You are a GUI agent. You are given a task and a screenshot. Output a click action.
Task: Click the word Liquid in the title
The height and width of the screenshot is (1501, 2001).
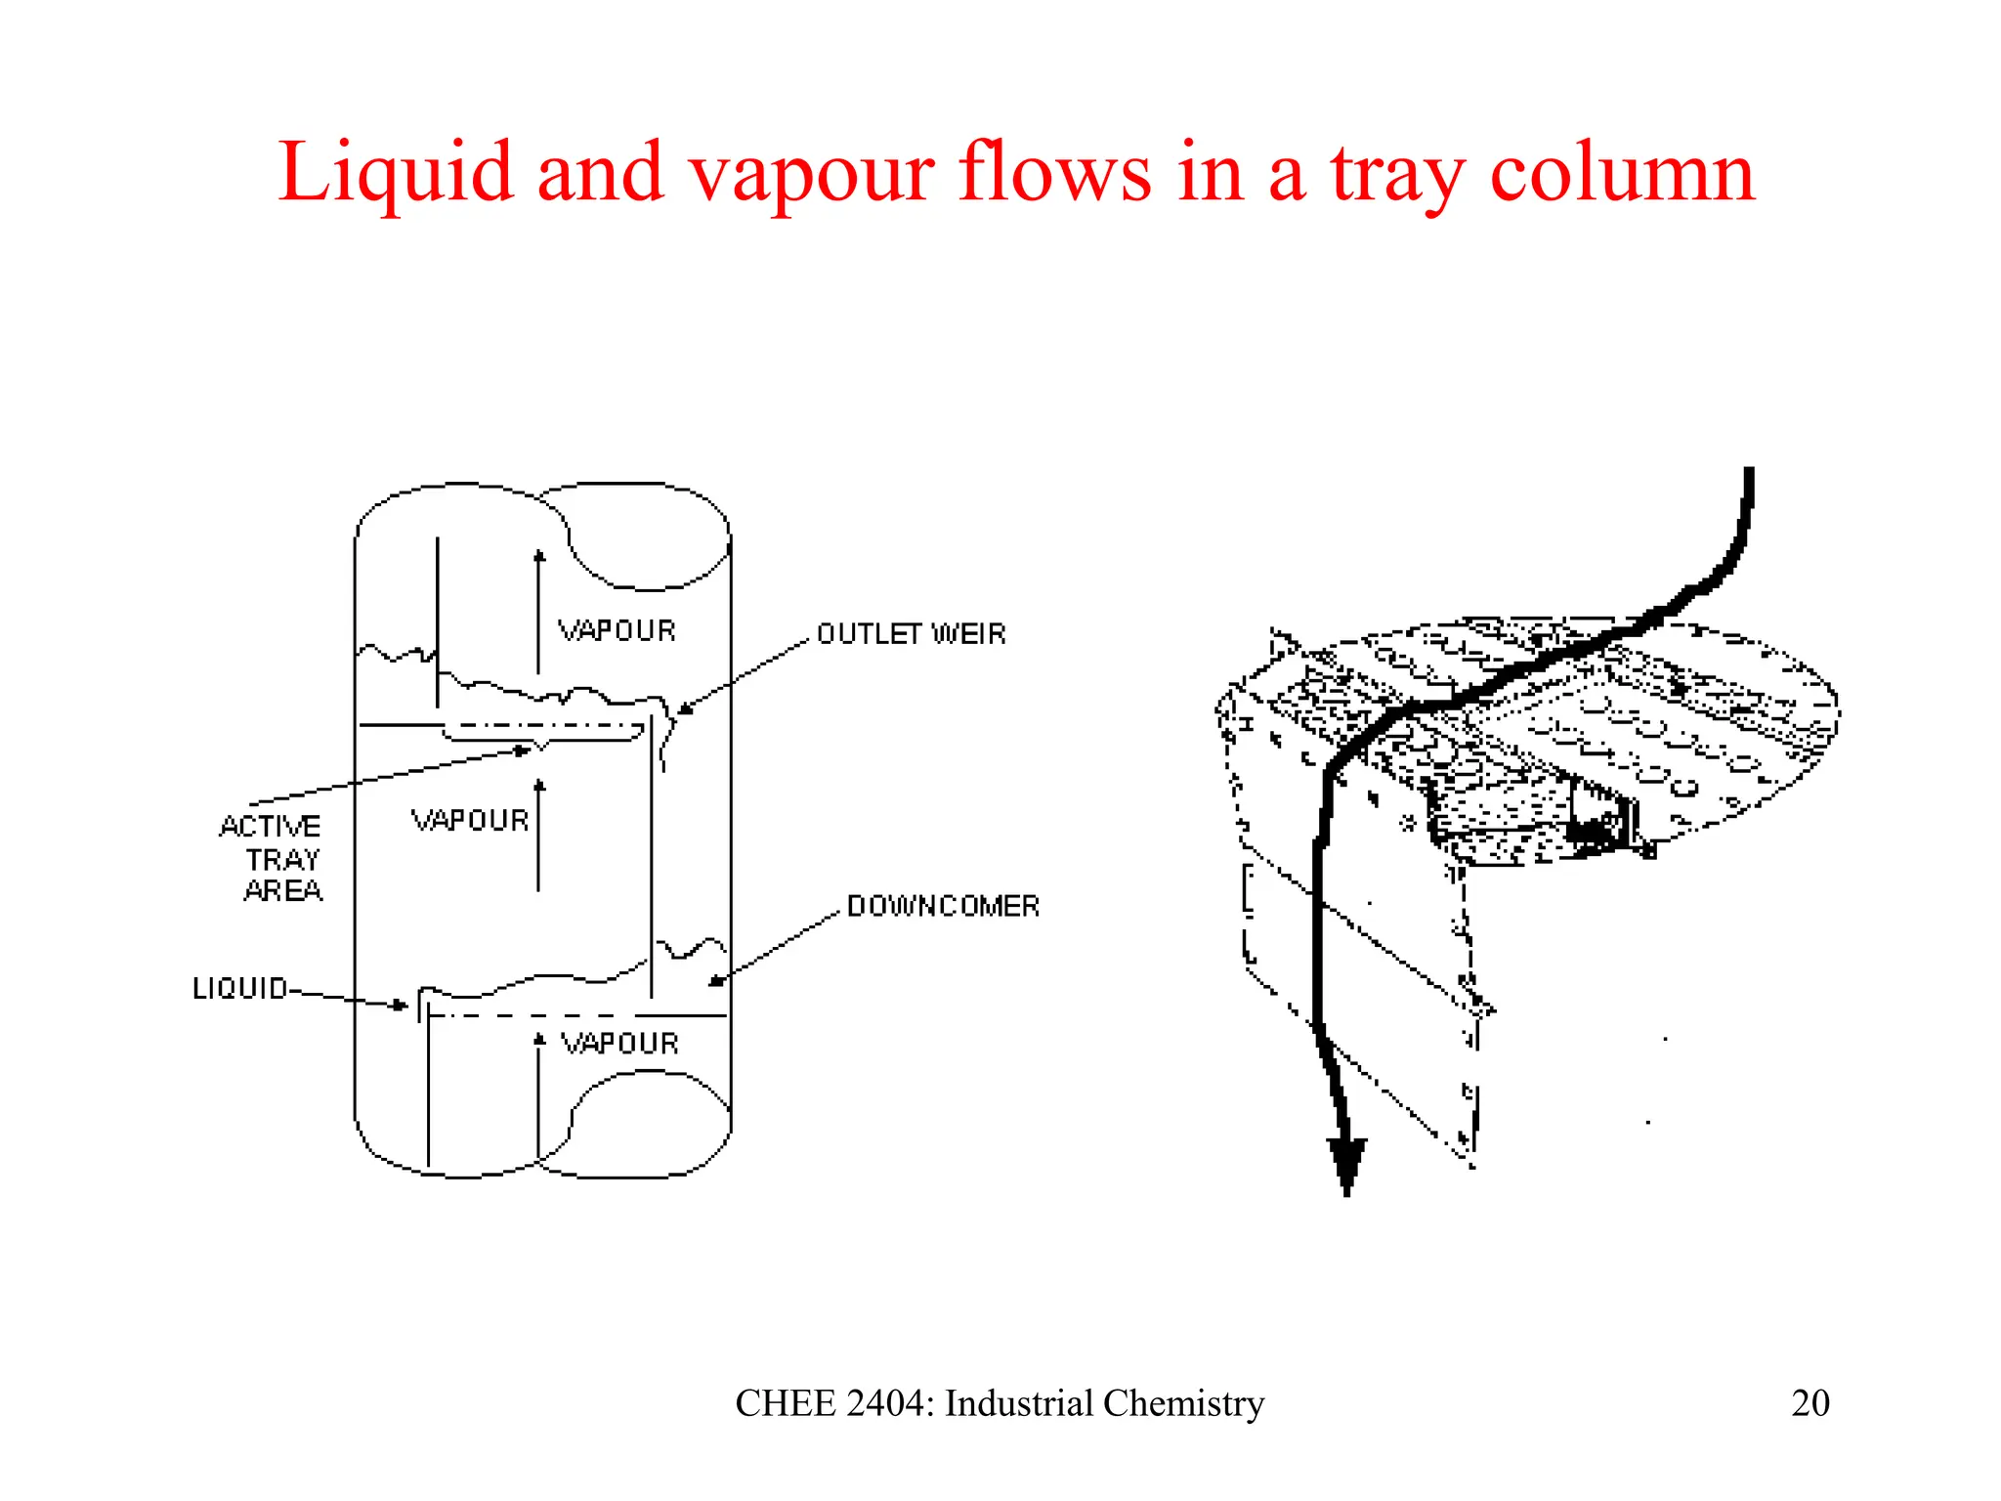395,174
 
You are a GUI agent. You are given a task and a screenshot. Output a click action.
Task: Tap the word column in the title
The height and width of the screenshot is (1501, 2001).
1622,174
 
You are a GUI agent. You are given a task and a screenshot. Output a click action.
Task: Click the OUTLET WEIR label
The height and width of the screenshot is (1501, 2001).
911,634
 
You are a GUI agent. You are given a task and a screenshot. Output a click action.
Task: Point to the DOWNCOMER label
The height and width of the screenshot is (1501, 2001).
943,906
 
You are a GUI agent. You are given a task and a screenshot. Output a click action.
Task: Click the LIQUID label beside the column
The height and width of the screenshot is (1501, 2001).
240,989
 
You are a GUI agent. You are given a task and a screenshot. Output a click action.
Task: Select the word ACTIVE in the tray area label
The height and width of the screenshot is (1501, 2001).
271,827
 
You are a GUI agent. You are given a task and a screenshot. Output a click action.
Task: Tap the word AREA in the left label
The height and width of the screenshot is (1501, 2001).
283,891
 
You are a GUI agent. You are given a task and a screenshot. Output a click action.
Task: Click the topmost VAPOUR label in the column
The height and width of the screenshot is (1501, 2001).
617,631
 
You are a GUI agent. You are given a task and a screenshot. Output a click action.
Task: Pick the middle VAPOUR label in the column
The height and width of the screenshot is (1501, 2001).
470,821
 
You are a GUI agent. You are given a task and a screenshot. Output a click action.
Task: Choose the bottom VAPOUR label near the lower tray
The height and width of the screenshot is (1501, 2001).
619,1044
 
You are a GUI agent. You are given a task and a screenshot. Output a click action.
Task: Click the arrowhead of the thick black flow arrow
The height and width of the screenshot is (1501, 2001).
1346,1168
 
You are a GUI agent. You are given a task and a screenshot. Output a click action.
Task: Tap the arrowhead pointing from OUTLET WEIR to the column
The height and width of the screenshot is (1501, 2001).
685,709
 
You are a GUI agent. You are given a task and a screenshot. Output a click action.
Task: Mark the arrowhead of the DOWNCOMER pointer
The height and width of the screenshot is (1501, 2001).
716,980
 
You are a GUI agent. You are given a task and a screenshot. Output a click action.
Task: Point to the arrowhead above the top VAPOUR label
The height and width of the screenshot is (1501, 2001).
538,556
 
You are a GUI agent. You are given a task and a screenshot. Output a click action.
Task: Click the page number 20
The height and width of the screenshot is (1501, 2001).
1809,1403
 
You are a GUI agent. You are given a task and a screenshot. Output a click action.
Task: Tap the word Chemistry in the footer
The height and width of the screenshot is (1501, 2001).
1183,1403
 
